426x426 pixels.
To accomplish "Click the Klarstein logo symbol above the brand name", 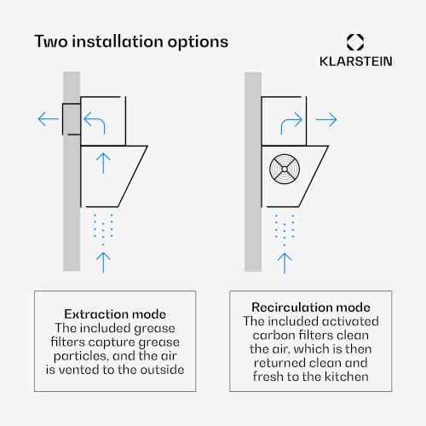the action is [x=355, y=43].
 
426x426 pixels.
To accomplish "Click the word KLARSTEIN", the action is [x=356, y=61].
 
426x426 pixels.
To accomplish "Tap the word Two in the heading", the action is [x=51, y=42].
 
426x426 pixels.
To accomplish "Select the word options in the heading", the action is [x=198, y=43].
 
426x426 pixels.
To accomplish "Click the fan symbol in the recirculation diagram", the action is [x=285, y=170].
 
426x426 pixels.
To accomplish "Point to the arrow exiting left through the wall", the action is [x=49, y=118].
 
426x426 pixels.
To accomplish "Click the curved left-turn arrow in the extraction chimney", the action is [x=95, y=122].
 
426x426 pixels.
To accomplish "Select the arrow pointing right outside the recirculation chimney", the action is [x=326, y=119].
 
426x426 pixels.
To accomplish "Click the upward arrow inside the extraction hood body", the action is [x=103, y=164].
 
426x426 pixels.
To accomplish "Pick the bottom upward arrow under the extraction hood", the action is [x=103, y=262].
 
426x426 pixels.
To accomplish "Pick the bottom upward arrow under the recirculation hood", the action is [x=285, y=263].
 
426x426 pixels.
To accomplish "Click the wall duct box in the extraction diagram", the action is [x=72, y=119].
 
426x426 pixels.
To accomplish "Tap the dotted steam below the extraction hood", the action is [x=103, y=229].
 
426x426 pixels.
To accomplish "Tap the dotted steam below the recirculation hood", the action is [x=285, y=230].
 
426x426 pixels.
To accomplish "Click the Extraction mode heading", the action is [x=115, y=314].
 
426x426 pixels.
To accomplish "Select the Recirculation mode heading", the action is [x=311, y=308].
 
